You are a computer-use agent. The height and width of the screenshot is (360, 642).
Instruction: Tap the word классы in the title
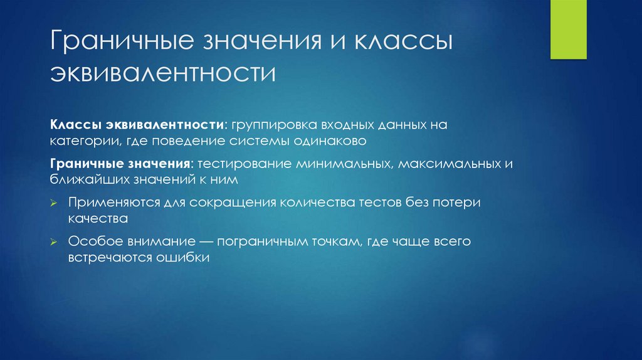coord(406,42)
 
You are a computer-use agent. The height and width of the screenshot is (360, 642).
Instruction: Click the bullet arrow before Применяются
coord(55,203)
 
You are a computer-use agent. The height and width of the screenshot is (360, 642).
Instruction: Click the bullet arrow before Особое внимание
coord(55,241)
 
